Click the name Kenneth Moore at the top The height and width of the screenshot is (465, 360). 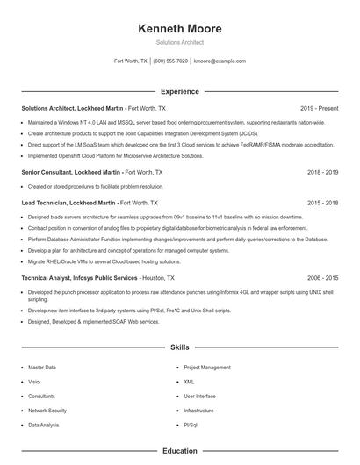point(180,29)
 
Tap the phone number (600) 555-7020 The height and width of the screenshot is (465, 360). point(170,61)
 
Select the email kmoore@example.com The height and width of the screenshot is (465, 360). point(220,61)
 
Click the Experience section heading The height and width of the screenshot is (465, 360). point(180,91)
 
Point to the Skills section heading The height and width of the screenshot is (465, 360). point(180,347)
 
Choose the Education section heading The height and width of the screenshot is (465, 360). point(180,451)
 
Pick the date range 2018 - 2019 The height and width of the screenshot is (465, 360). point(323,172)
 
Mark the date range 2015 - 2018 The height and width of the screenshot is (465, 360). point(323,202)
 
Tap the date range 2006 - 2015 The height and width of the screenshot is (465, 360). point(323,277)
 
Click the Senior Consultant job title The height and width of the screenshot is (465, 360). point(70,172)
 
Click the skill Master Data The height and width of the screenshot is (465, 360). point(42,368)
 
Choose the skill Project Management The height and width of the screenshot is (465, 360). point(207,368)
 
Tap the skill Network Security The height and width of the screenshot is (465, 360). point(47,410)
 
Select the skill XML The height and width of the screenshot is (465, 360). point(189,382)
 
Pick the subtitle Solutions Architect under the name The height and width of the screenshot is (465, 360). point(180,41)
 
